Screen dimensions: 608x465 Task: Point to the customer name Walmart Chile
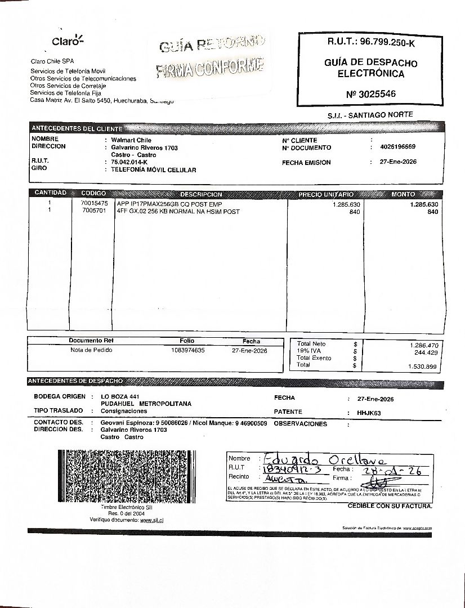(x=131, y=140)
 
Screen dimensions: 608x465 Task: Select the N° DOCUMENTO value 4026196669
(x=397, y=147)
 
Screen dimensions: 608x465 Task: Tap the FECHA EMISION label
(x=306, y=163)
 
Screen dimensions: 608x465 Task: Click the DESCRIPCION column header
(x=201, y=194)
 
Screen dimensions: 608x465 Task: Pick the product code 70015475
(x=95, y=203)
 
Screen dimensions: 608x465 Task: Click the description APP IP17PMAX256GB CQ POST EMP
(x=169, y=204)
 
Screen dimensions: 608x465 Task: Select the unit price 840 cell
(x=354, y=212)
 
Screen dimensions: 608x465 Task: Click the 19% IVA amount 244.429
(x=426, y=352)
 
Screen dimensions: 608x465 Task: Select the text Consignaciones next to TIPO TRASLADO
(x=124, y=411)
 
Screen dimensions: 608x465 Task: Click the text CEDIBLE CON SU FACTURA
(x=390, y=506)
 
